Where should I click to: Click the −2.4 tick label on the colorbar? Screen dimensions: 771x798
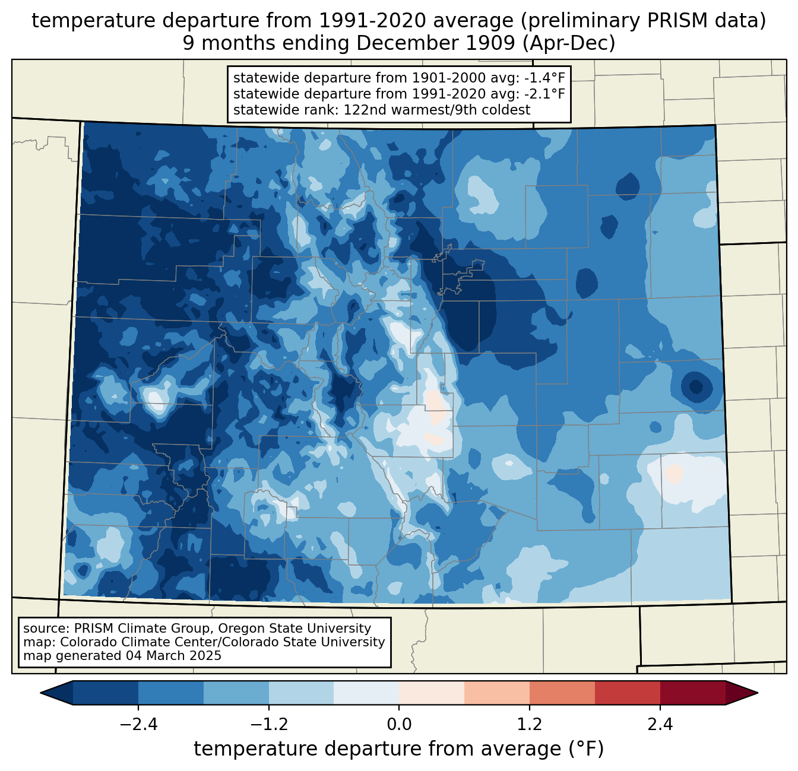tap(138, 725)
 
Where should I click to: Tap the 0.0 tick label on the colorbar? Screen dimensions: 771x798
tap(399, 725)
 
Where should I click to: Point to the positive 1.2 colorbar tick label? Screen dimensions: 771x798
tap(530, 725)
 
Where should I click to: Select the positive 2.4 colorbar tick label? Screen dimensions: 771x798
tap(660, 725)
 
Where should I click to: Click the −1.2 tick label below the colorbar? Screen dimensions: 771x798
tap(269, 725)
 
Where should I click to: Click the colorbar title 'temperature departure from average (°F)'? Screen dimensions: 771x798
tap(399, 749)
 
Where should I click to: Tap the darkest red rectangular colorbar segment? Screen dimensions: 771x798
tap(692, 693)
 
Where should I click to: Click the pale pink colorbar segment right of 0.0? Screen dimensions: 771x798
tap(432, 693)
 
